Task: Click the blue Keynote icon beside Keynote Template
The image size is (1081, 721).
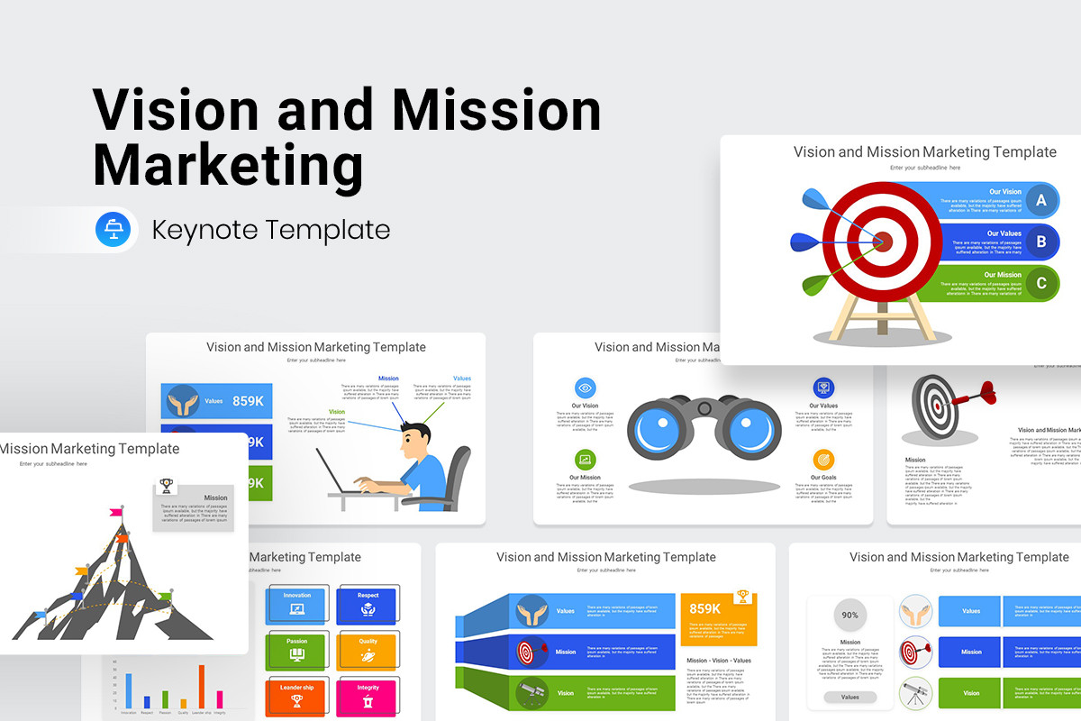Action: pos(114,230)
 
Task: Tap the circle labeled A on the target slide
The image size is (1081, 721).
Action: pos(1041,200)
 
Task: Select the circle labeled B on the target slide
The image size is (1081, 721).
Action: pos(1041,242)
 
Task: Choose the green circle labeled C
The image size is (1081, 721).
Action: pos(1041,284)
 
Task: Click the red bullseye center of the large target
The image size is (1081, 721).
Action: pos(883,241)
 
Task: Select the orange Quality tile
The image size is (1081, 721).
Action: pos(368,651)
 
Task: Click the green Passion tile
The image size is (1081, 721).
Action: pos(297,651)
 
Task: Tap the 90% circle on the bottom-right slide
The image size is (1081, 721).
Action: pos(849,616)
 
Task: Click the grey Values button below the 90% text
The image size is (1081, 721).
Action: pos(849,697)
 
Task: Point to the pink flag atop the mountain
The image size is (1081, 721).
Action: pos(116,512)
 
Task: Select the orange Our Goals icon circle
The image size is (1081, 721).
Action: pos(823,460)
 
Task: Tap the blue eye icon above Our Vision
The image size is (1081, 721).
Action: pos(585,388)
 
